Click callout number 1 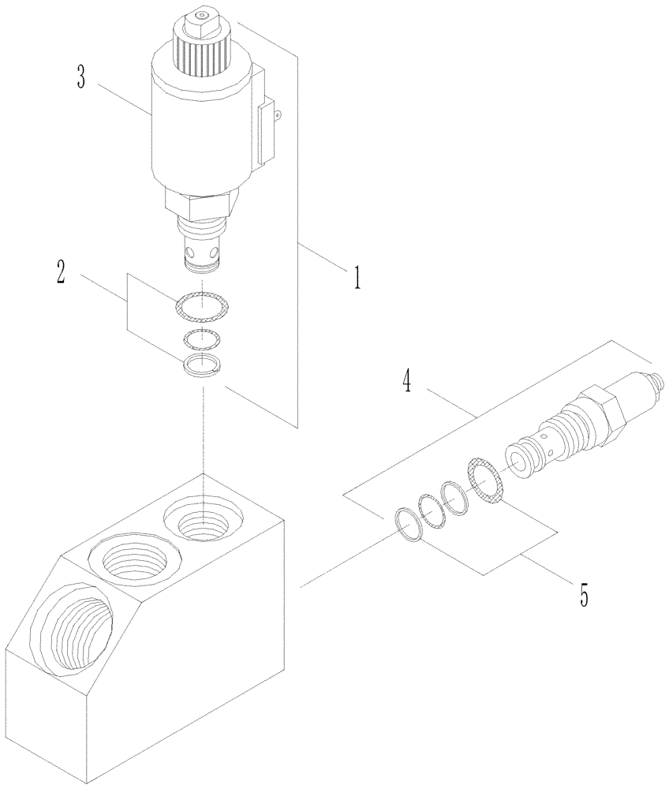pos(357,278)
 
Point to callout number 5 pos(584,593)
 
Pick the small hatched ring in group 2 pos(203,339)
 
